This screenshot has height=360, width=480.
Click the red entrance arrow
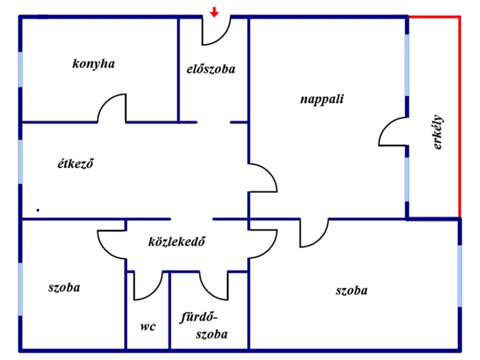tap(214, 12)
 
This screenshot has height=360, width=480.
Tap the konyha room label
tap(94, 64)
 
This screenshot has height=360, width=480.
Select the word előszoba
tap(211, 69)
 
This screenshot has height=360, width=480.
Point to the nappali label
tap(322, 99)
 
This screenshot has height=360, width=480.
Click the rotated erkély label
tap(438, 132)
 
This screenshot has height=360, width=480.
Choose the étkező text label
tap(75, 163)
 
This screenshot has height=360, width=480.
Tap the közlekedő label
tap(177, 241)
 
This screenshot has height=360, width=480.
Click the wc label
tap(148, 326)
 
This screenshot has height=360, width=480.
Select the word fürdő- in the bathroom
tap(199, 317)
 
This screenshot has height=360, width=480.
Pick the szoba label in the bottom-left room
tap(64, 287)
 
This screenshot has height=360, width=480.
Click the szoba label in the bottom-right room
tap(352, 291)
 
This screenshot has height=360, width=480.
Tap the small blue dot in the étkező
tap(37, 210)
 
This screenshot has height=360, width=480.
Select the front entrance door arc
tap(216, 31)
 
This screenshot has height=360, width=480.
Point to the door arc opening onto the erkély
tap(393, 132)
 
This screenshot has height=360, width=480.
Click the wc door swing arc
tap(148, 286)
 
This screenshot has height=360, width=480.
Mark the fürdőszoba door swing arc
tap(214, 286)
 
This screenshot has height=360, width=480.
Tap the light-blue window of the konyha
tap(21, 69)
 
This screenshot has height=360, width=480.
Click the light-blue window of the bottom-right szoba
tap(459, 276)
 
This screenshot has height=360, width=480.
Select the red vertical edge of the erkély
tap(459, 117)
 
